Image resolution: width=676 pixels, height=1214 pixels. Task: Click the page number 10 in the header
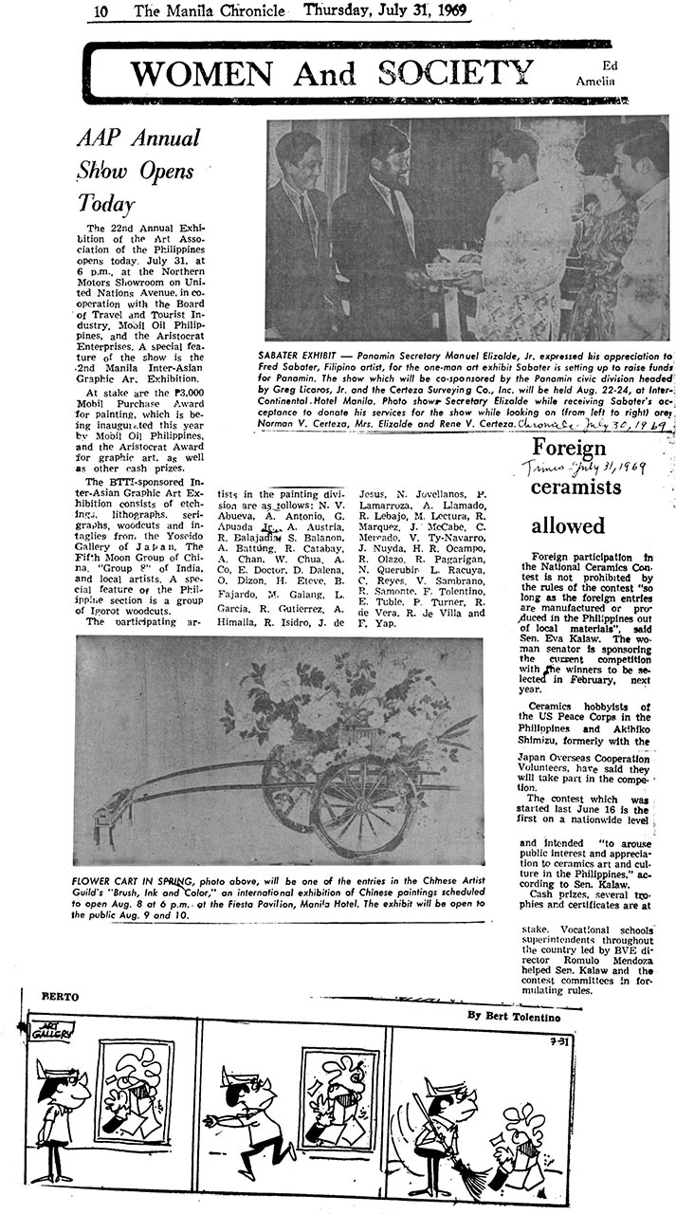pos(100,10)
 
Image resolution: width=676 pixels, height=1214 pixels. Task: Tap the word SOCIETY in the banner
pos(454,71)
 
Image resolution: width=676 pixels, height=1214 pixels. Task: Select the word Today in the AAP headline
pos(106,203)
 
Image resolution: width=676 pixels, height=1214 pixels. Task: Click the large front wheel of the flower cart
pos(365,807)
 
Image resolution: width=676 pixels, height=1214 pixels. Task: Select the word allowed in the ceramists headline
pos(568,524)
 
